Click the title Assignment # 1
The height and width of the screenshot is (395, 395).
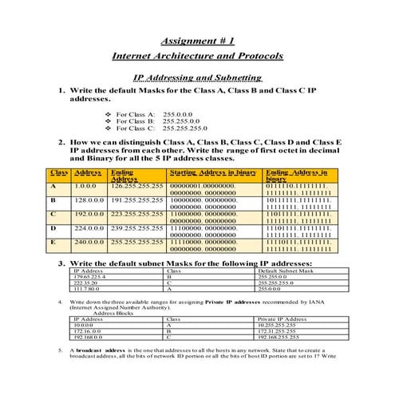pyautogui.click(x=197, y=40)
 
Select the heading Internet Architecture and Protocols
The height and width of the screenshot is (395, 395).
pyautogui.click(x=197, y=57)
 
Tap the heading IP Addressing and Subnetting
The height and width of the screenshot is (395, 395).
pyautogui.click(x=197, y=77)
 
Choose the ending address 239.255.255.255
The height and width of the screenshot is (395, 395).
pyautogui.click(x=136, y=227)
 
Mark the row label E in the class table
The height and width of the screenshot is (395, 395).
pyautogui.click(x=53, y=241)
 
